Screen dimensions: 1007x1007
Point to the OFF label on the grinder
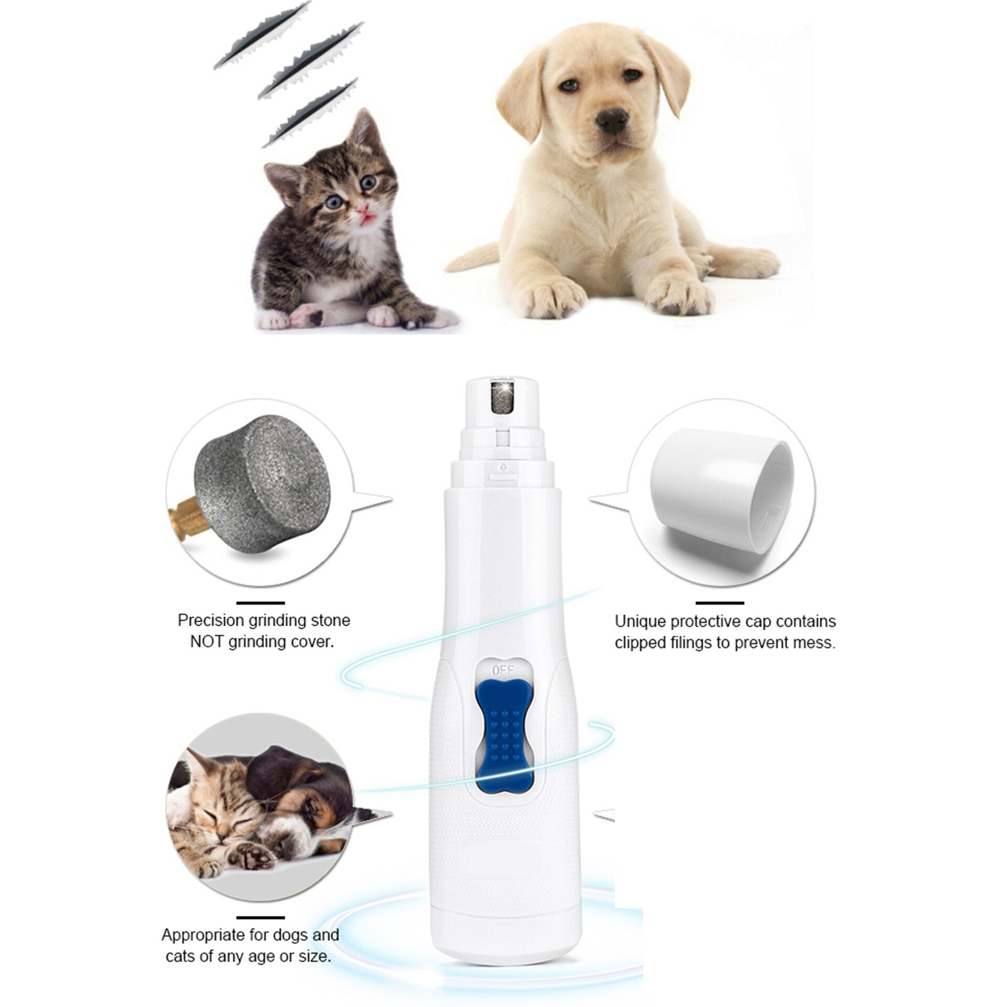[x=503, y=670]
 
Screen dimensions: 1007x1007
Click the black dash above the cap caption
[x=719, y=603]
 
